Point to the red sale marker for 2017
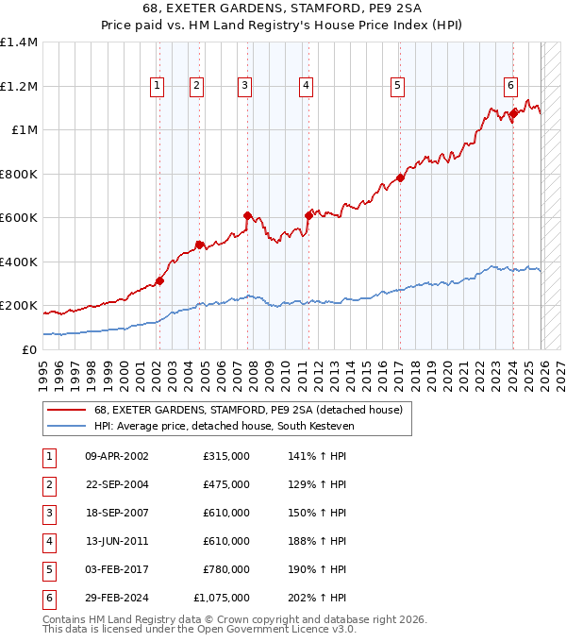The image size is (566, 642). [x=400, y=177]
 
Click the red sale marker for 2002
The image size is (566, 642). [x=159, y=280]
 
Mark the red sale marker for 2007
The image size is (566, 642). [x=247, y=215]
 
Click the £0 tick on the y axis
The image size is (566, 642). [x=29, y=350]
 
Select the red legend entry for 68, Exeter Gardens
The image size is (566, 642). [x=248, y=410]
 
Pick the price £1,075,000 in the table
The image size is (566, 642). [x=221, y=598]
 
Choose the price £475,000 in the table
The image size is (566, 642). [x=226, y=484]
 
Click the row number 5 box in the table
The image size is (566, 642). [x=48, y=569]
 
